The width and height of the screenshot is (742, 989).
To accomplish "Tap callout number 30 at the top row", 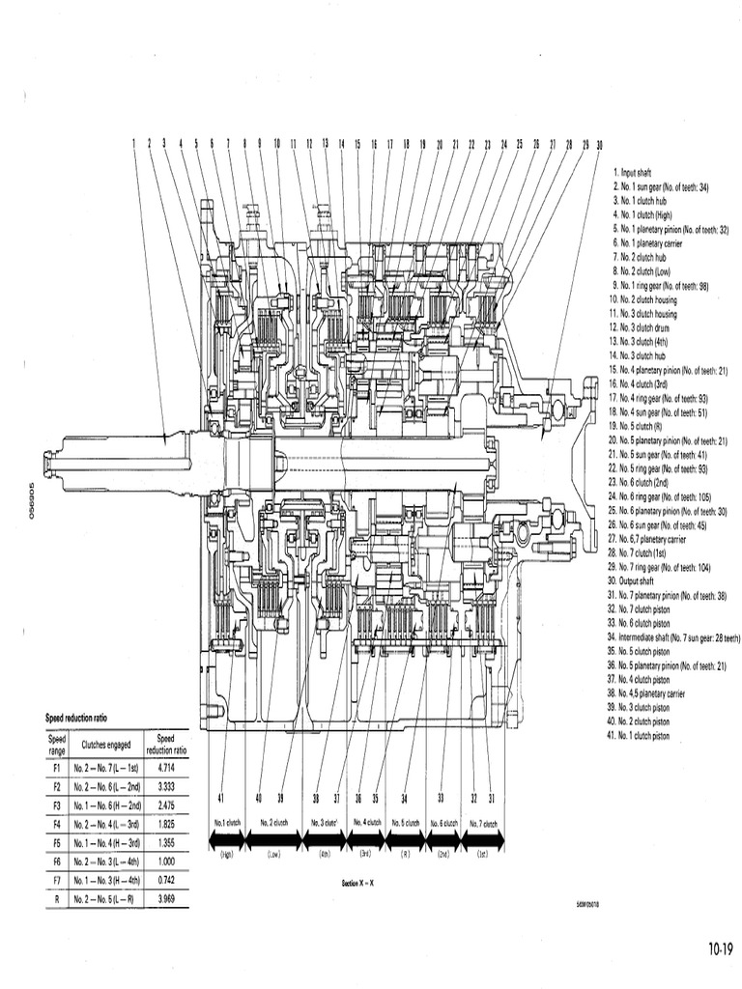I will pyautogui.click(x=600, y=144).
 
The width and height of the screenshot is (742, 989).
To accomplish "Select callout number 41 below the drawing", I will pyautogui.click(x=221, y=798).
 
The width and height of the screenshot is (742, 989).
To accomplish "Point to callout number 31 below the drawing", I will pyautogui.click(x=492, y=798).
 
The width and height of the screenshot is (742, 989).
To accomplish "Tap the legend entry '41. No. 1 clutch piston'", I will pyautogui.click(x=651, y=736).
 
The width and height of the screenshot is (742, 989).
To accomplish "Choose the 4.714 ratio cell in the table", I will pyautogui.click(x=165, y=762).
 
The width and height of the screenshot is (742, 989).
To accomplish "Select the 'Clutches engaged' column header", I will pyautogui.click(x=106, y=745).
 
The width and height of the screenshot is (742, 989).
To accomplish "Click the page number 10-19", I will pyautogui.click(x=721, y=947).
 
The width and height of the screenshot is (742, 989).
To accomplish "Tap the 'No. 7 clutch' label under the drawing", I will pyautogui.click(x=483, y=823).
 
